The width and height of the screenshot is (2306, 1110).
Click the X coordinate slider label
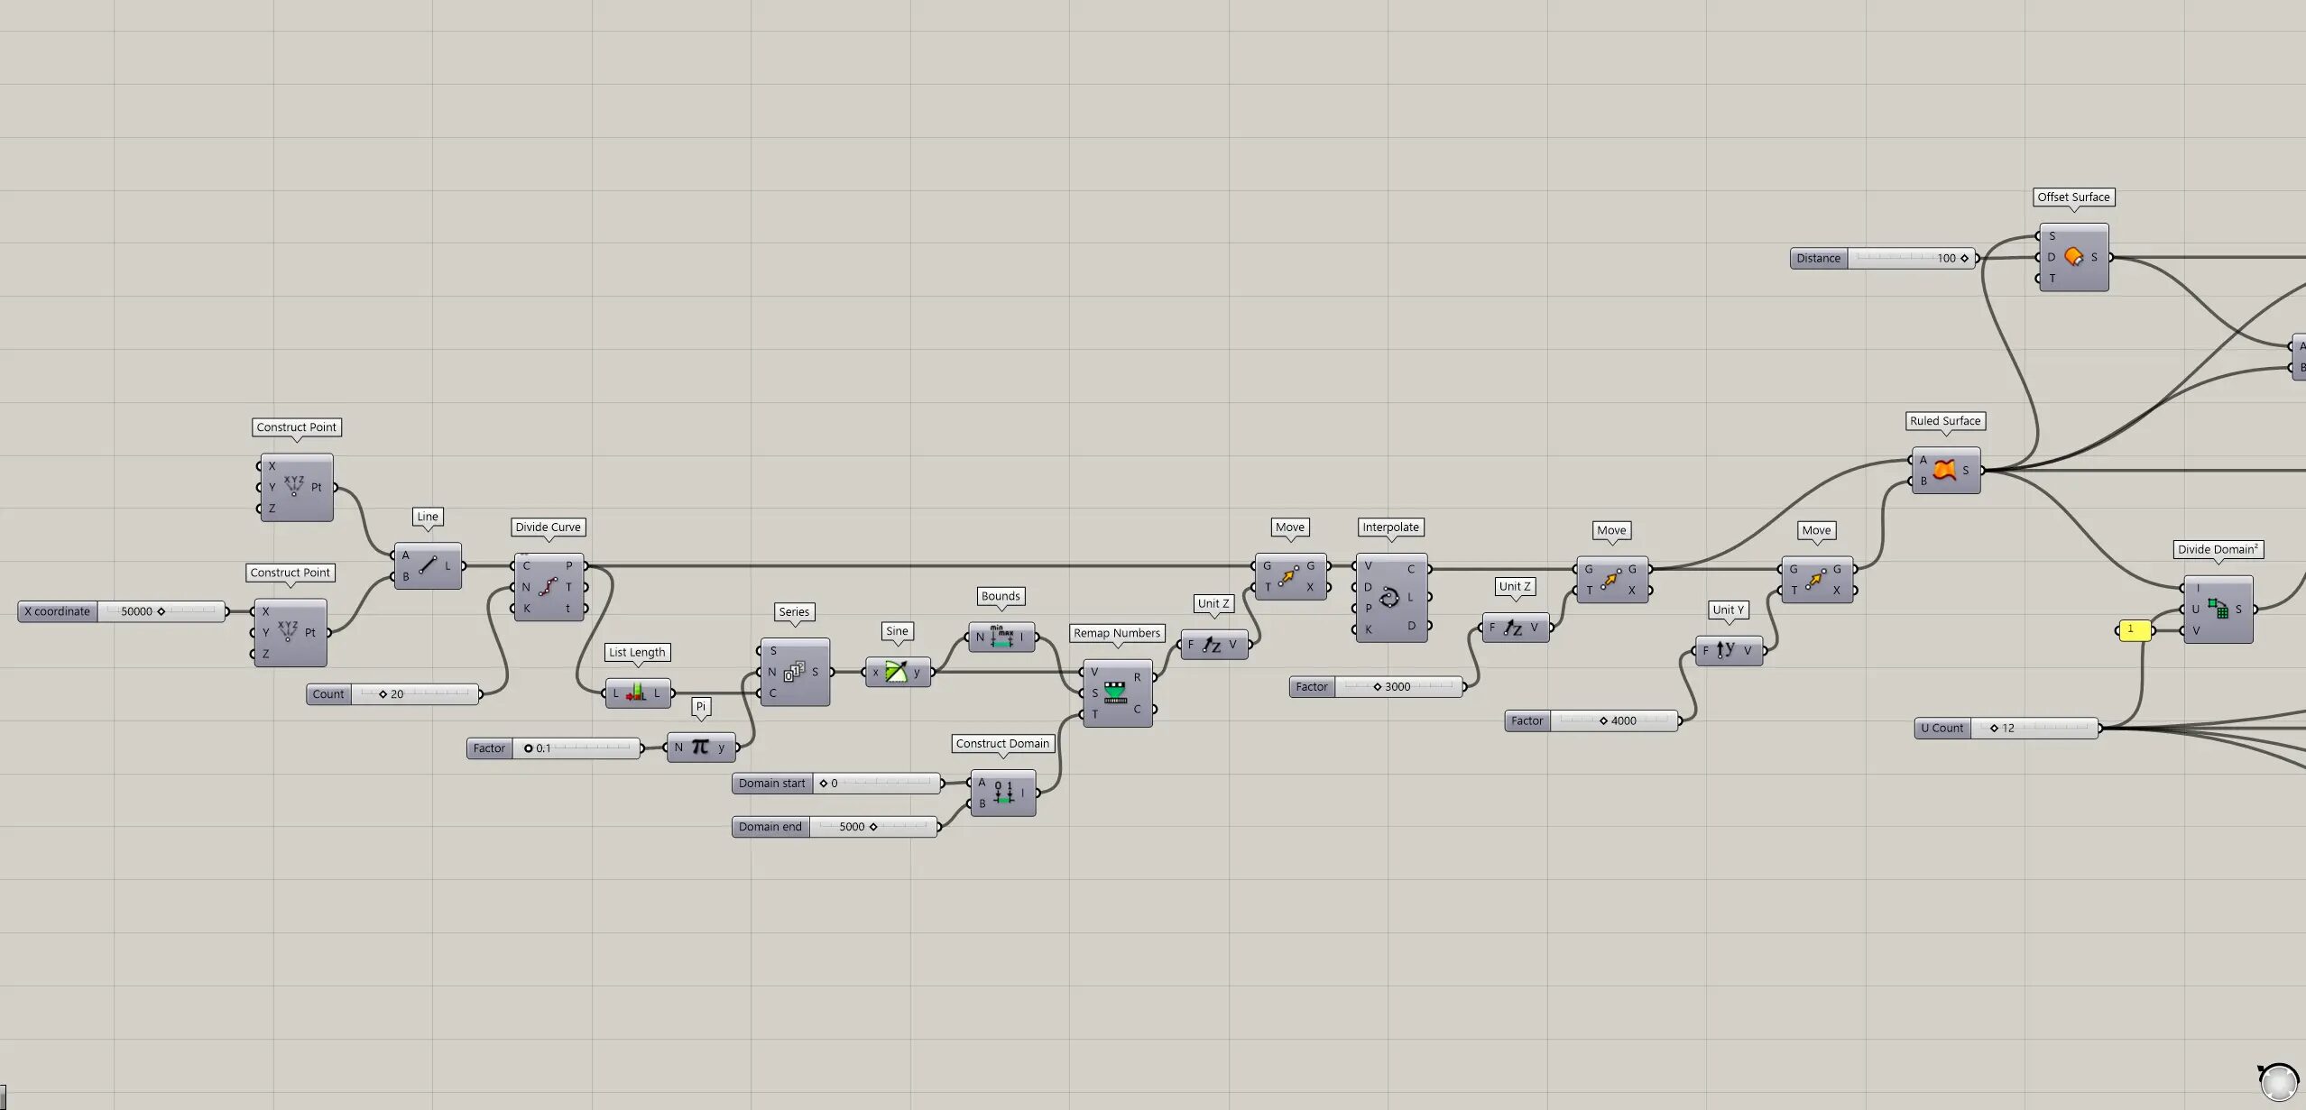click(58, 611)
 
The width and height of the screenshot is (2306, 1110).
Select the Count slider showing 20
click(394, 694)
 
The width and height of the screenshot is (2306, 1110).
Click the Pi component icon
click(700, 747)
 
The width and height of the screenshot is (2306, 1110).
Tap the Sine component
click(898, 672)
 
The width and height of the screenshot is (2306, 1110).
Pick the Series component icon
click(794, 672)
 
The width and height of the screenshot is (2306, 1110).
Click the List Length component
click(638, 693)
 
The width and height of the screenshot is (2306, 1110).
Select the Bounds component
click(1001, 637)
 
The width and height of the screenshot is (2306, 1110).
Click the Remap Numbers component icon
click(1116, 693)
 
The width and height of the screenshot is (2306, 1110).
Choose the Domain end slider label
click(770, 827)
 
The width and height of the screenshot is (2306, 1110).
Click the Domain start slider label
click(772, 784)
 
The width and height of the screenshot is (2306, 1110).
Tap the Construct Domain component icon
click(1003, 793)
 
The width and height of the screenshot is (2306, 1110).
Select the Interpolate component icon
click(1389, 597)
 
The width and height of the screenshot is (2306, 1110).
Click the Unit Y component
click(1729, 650)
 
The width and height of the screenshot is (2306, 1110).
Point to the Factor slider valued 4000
click(1592, 721)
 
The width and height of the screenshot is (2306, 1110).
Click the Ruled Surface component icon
click(1944, 470)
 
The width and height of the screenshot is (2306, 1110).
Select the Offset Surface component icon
click(2073, 257)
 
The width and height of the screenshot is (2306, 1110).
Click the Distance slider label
click(1819, 259)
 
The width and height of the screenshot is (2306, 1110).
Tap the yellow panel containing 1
click(2134, 630)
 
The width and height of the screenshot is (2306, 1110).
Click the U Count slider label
click(1942, 729)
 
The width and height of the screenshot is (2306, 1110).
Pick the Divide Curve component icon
click(548, 587)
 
